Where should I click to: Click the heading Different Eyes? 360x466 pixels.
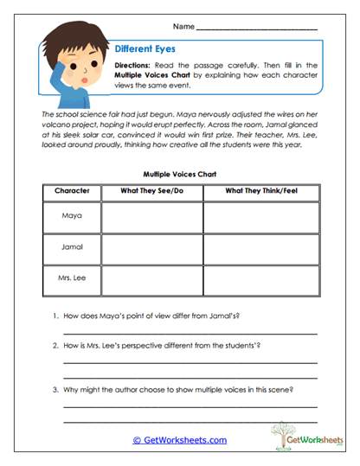click(145, 50)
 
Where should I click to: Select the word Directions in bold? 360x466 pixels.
click(135, 66)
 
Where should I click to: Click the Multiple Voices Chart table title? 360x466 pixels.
click(179, 174)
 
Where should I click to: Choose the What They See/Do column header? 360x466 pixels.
click(152, 190)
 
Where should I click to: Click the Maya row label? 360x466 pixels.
click(72, 215)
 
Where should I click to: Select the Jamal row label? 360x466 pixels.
click(72, 247)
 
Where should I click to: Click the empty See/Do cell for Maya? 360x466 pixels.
click(152, 215)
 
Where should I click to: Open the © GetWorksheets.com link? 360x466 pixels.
click(179, 440)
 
